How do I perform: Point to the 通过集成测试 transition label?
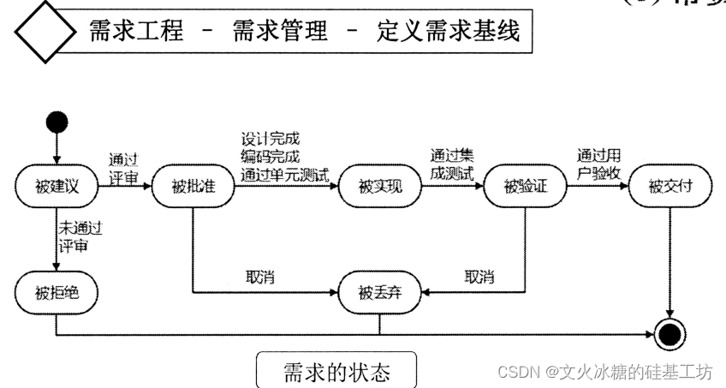point(452,163)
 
